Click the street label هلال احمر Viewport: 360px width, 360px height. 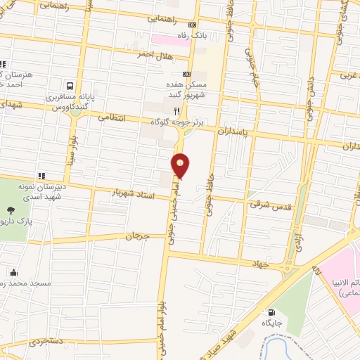153,53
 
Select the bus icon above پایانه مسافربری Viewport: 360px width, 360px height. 68,82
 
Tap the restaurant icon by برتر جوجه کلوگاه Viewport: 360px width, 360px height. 177,111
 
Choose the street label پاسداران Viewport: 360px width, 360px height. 233,131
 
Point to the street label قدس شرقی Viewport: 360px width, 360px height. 264,204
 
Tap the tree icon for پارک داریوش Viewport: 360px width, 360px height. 11,210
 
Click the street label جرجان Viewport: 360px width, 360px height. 138,236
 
